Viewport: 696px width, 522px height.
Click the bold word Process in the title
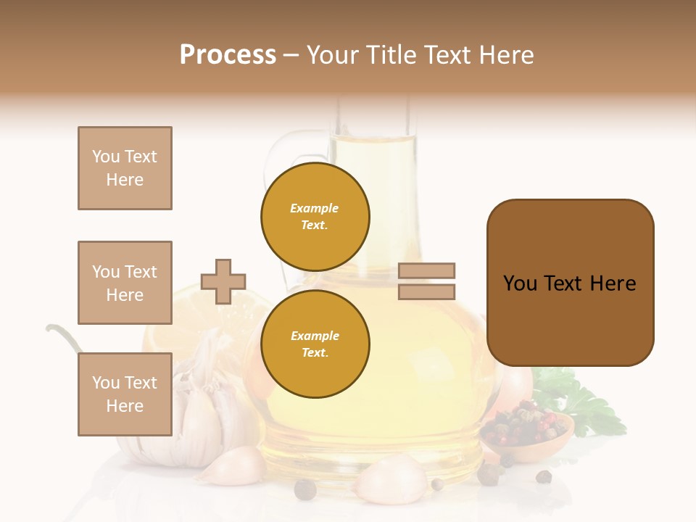[228, 55]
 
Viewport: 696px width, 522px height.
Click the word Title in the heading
[392, 55]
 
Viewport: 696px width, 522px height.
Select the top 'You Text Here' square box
[125, 168]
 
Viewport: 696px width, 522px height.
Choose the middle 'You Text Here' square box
[125, 283]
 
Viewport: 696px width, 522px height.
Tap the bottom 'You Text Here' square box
[125, 394]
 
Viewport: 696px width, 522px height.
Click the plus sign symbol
[223, 281]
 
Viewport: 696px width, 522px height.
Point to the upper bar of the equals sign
[426, 270]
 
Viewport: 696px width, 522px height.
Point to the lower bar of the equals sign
[426, 291]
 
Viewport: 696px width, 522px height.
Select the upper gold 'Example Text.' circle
[315, 217]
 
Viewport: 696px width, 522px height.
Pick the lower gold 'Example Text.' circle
[315, 344]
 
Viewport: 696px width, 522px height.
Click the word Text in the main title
[447, 55]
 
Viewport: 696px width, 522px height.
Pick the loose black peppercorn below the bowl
[543, 476]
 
